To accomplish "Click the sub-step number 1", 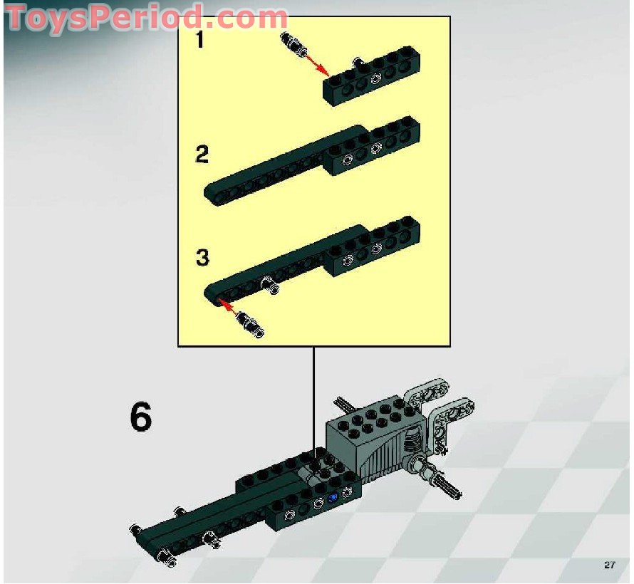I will click(200, 41).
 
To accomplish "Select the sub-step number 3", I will click(202, 257).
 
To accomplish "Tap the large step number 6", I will click(140, 417).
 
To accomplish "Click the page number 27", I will click(608, 565).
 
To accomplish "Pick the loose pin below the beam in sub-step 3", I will click(251, 324).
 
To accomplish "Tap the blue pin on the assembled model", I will click(332, 497).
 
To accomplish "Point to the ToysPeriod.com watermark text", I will click(146, 17).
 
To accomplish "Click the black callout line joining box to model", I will click(313, 399).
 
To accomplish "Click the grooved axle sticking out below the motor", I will click(446, 484).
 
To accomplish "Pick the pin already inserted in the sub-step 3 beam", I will click(270, 286).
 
